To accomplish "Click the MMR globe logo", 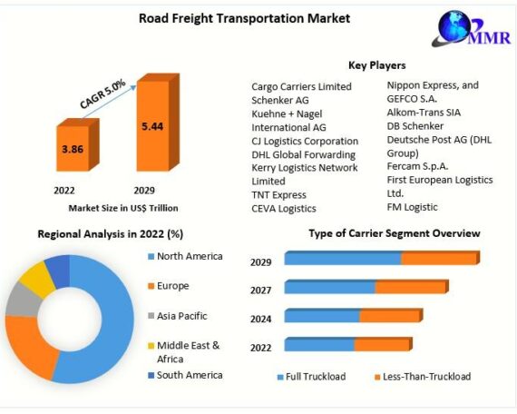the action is (472, 29).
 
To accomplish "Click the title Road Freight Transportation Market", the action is (244, 18).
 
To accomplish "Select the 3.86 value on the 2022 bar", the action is (73, 149).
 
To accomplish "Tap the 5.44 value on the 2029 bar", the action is (152, 126).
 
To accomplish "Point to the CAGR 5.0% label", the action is (102, 94).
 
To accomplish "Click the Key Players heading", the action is (377, 65).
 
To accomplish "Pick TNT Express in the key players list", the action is (279, 195).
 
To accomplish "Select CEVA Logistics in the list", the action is (284, 209).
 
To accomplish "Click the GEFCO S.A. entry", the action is (412, 99).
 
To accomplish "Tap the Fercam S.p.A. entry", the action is (417, 166).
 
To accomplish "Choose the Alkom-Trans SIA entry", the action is (424, 113).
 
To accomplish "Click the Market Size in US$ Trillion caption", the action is (123, 208).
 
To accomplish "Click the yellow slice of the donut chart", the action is (37, 277).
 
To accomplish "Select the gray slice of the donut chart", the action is (23, 300).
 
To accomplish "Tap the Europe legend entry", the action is (169, 286).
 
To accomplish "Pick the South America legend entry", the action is (185, 375).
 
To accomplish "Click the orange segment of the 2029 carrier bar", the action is (440, 258).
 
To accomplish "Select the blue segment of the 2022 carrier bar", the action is (319, 344).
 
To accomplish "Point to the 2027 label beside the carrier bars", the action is (261, 291).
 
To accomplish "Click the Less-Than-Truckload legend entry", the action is (423, 377).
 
